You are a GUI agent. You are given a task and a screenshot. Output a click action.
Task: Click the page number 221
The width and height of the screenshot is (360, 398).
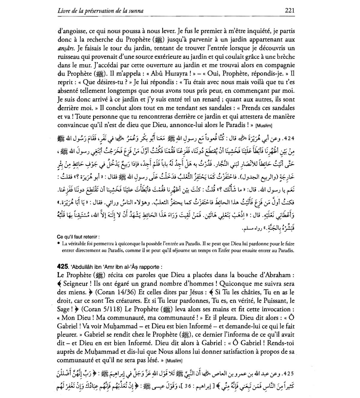tap(289, 11)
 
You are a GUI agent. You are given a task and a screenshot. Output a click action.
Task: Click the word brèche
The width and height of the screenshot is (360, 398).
tap(285, 57)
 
